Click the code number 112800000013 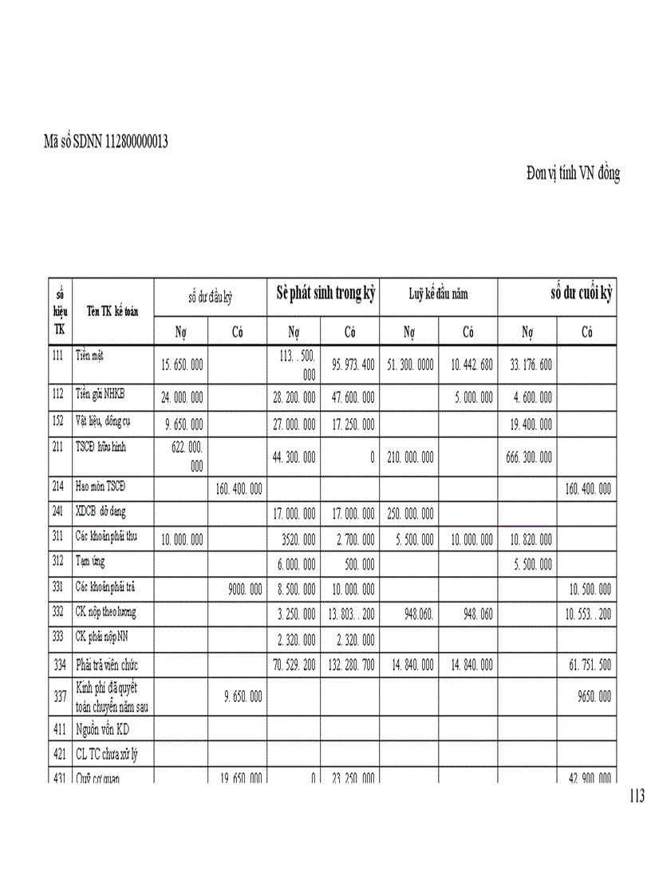136,142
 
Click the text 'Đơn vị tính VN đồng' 573,173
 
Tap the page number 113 637,795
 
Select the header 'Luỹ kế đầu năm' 438,294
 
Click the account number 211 57,447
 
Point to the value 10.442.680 468,365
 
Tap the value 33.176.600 526,365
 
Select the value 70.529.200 294,665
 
